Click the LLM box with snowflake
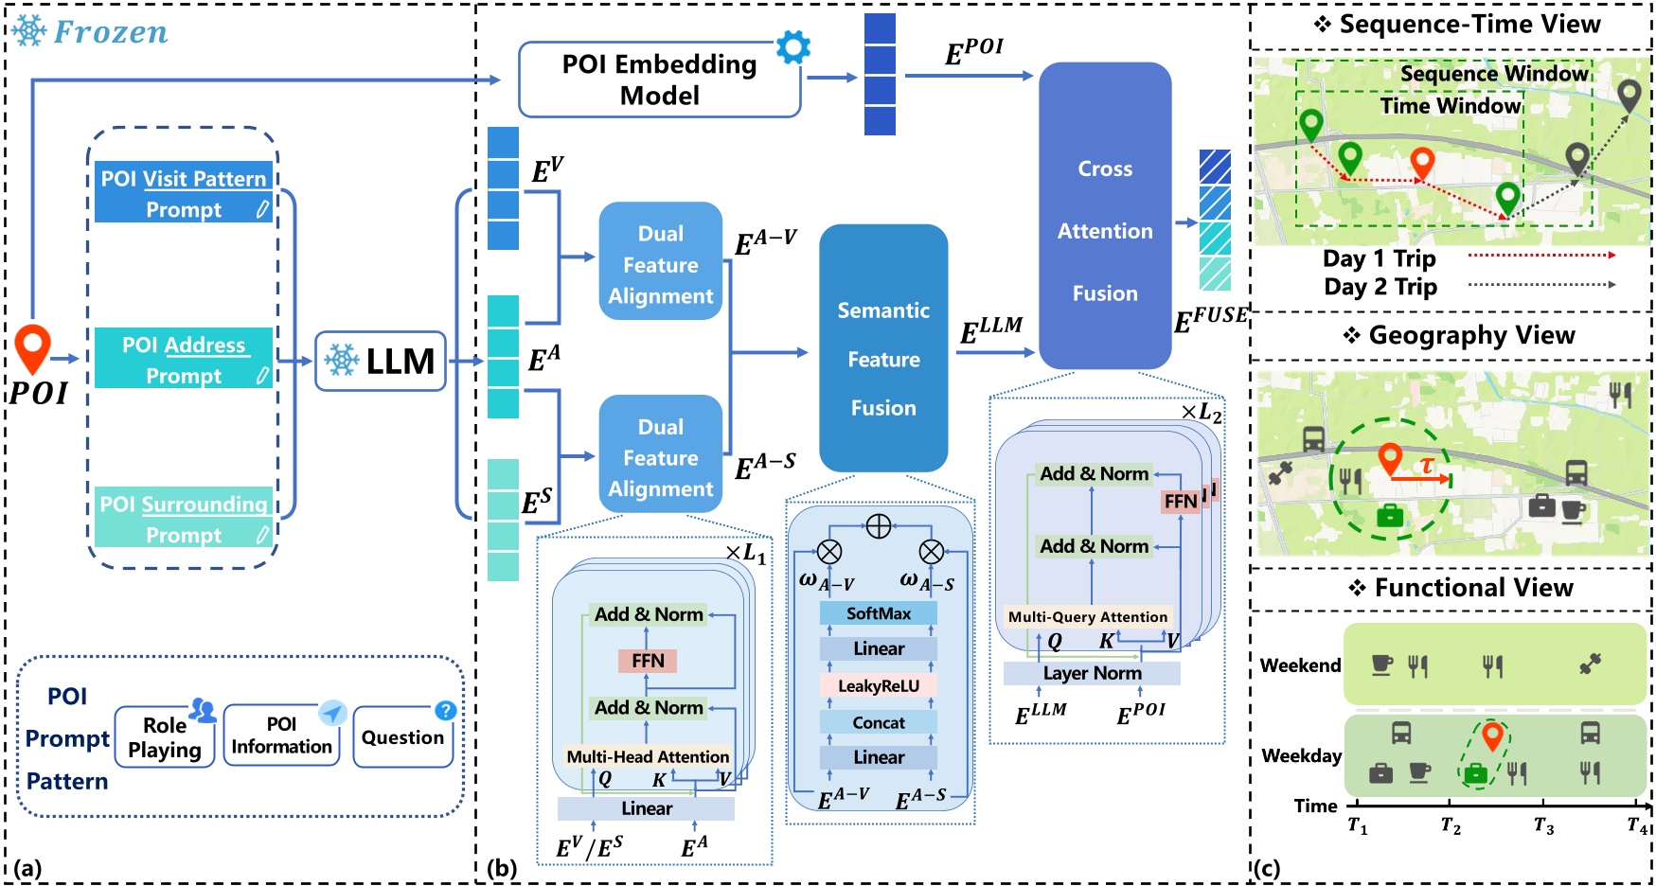(381, 361)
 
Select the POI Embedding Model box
(659, 80)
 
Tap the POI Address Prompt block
(184, 359)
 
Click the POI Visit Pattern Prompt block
(184, 193)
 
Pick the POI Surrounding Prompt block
(184, 518)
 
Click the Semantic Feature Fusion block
(882, 359)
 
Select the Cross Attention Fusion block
(1104, 230)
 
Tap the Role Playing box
(165, 737)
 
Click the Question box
(402, 737)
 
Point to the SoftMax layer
(878, 613)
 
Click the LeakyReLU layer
(878, 686)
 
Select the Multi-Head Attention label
(648, 756)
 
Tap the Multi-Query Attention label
(1087, 617)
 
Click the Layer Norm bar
(1092, 673)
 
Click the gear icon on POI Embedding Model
(793, 46)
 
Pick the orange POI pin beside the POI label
(32, 346)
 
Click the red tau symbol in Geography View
(1426, 465)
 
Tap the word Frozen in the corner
(110, 32)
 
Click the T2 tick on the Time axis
(1450, 826)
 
